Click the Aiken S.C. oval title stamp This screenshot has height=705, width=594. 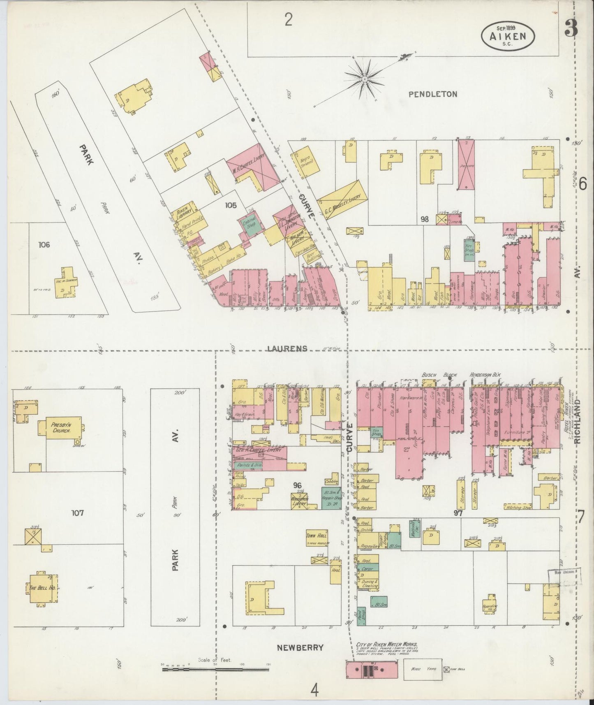(x=508, y=35)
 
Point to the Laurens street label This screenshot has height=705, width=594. (x=287, y=348)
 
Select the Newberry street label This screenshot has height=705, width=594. (x=300, y=647)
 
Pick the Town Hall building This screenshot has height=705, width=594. (x=317, y=537)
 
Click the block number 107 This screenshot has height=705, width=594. (x=77, y=513)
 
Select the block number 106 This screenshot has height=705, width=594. (x=44, y=245)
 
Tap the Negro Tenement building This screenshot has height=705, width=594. (x=305, y=162)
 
